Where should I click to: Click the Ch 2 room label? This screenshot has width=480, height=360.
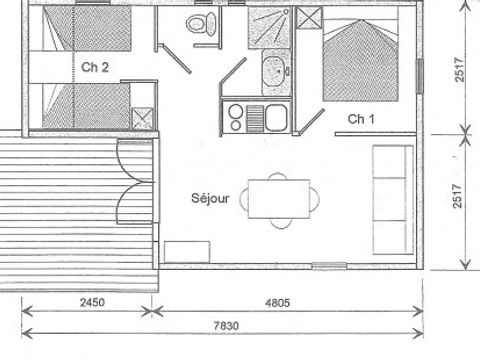click(96, 68)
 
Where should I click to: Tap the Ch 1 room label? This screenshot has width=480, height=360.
click(362, 118)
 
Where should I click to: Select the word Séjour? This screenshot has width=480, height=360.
click(210, 198)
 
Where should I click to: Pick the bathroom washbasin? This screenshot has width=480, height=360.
click(273, 71)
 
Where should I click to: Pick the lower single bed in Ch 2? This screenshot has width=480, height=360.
click(80, 104)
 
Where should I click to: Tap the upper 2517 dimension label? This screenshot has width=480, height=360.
click(459, 75)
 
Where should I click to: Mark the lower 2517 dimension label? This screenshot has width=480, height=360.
click(459, 200)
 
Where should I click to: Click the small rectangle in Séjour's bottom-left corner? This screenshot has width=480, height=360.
click(181, 251)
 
